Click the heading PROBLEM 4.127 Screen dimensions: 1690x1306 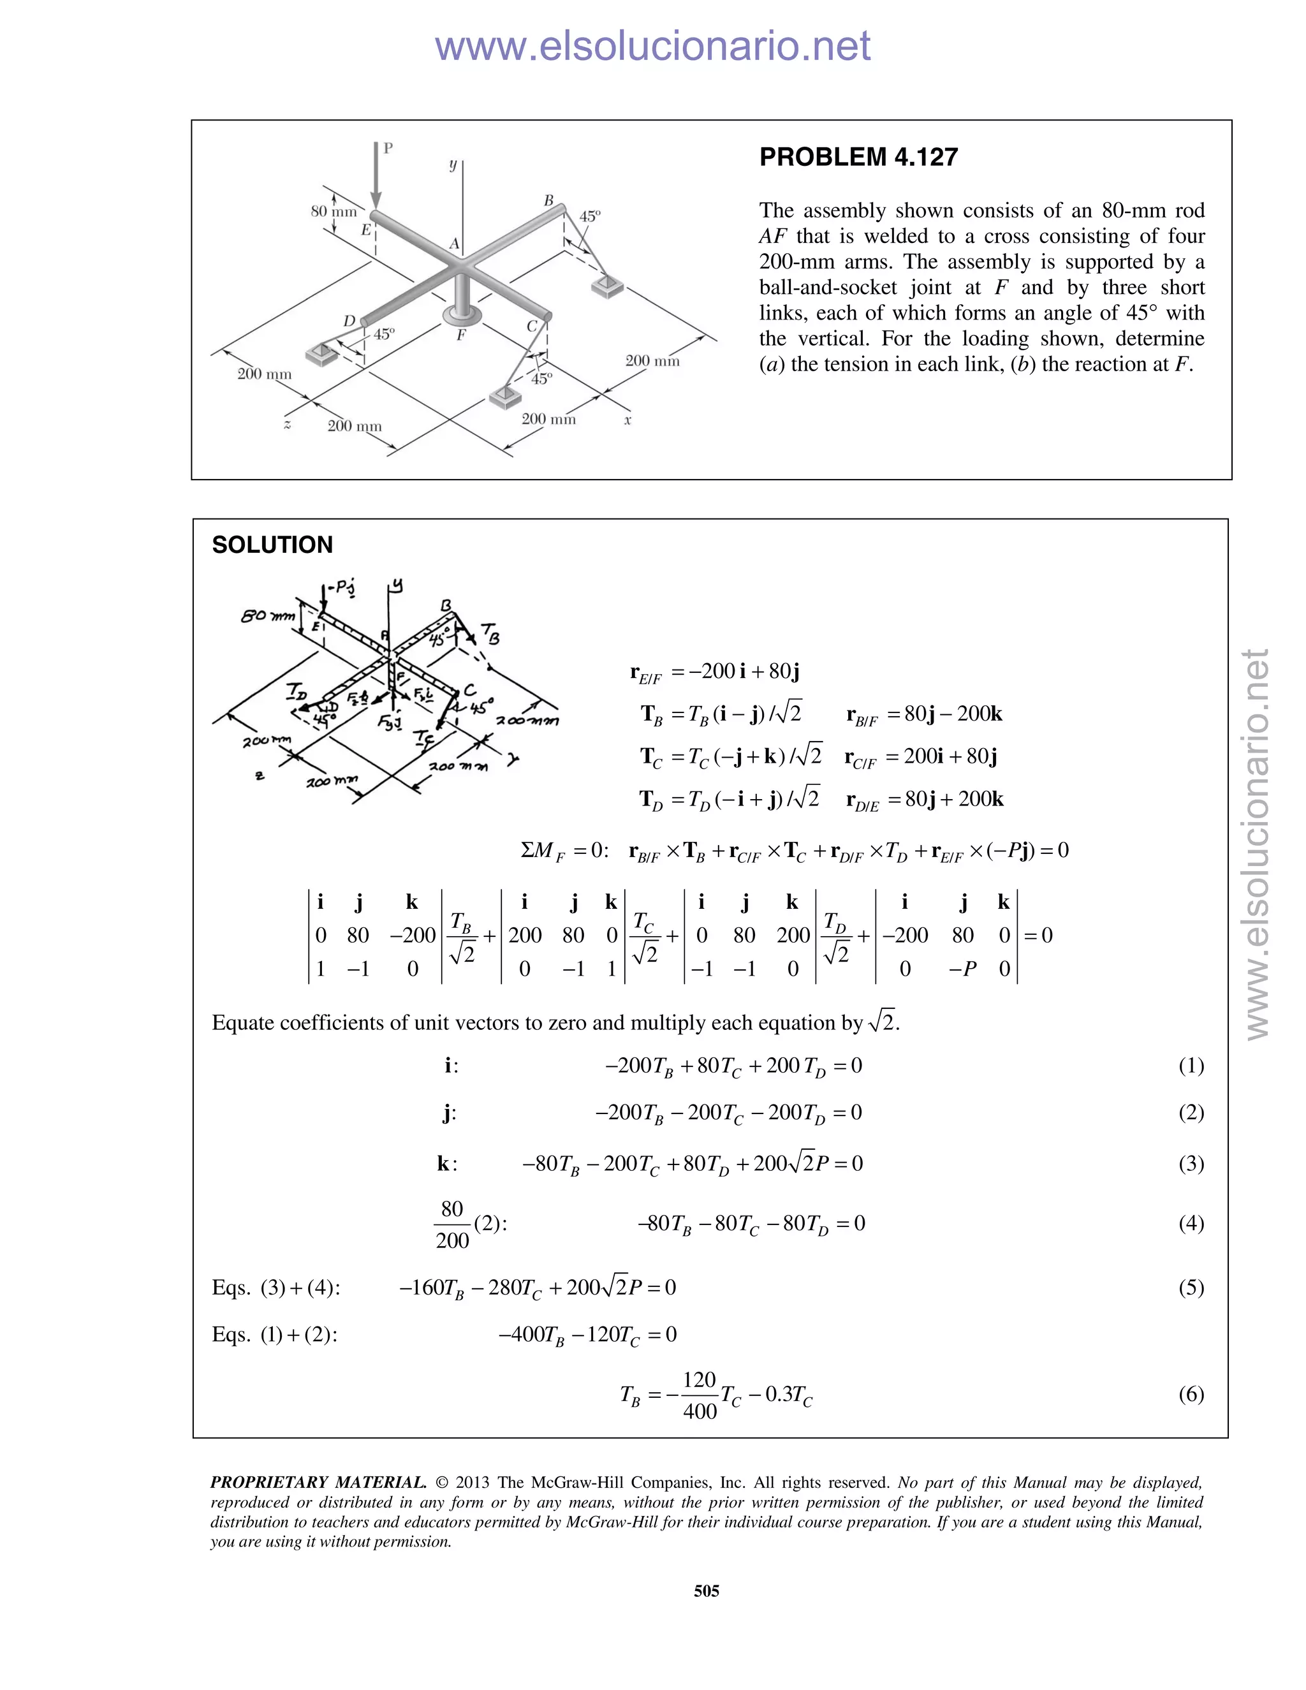(x=858, y=157)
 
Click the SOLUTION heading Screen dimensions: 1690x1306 (x=272, y=545)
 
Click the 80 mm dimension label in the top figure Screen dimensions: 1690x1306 (x=334, y=211)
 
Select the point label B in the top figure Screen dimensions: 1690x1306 (x=548, y=200)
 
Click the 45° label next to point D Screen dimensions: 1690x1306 (x=384, y=334)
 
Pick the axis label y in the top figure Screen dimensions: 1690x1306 (x=453, y=165)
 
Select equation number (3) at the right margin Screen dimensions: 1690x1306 (x=1191, y=1163)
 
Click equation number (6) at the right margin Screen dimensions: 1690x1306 (x=1191, y=1393)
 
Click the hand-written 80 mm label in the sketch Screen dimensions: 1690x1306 (x=268, y=616)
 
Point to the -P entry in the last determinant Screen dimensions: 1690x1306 (x=962, y=969)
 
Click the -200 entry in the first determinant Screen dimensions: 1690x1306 (x=413, y=936)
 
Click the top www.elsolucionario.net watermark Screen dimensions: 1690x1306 (x=652, y=46)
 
